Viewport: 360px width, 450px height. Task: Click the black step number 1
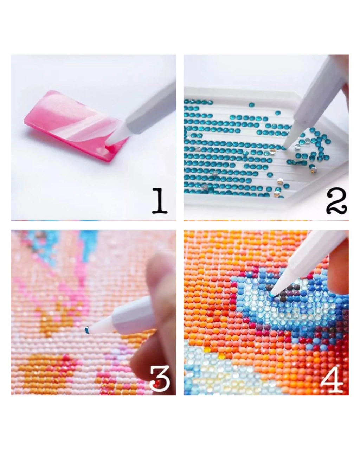pyautogui.click(x=159, y=201)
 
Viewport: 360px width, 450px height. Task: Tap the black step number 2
pyautogui.click(x=336, y=201)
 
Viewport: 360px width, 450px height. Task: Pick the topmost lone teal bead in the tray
pyautogui.click(x=251, y=104)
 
